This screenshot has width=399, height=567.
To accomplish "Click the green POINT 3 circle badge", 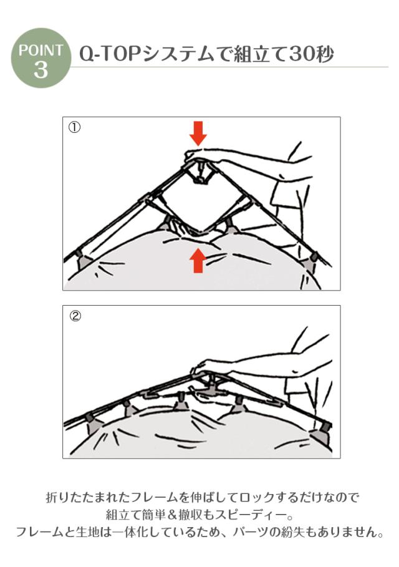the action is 41,58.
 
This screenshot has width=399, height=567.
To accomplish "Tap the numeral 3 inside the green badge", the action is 41,69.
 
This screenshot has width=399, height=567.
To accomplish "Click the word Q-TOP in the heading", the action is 110,55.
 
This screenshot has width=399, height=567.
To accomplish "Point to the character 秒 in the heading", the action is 325,54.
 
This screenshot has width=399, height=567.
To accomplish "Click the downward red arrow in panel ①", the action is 198,133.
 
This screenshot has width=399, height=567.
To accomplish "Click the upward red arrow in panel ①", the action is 198,260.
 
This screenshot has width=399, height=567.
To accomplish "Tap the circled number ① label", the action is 74,128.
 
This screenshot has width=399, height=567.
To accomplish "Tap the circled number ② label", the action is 75,316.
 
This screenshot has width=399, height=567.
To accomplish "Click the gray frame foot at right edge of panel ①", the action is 311,261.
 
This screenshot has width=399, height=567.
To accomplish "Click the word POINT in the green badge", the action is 41,50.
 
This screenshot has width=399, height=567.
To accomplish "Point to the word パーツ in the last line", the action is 251,532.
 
